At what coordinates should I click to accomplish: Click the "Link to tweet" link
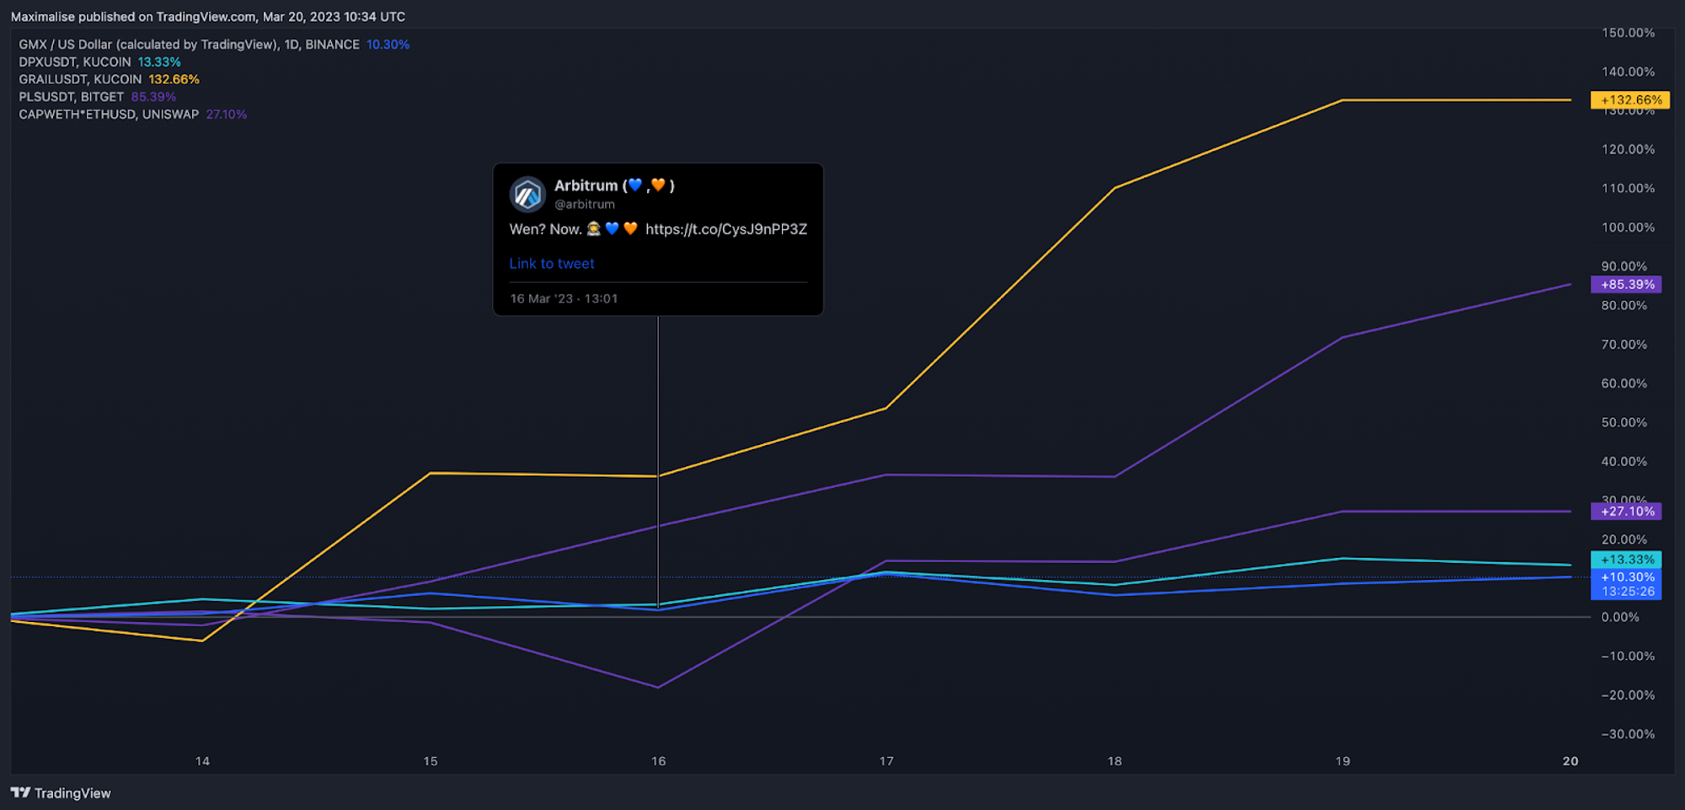point(552,264)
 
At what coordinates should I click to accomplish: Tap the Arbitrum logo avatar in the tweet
point(528,195)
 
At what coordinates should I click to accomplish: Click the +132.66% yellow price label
point(1630,99)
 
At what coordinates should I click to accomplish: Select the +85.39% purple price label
point(1626,285)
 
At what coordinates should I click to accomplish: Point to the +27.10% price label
point(1626,512)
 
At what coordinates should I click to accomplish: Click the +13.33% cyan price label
point(1626,560)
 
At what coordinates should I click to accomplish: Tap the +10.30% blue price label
point(1626,578)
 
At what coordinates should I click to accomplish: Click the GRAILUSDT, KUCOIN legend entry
point(81,79)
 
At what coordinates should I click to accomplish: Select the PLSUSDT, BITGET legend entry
point(72,97)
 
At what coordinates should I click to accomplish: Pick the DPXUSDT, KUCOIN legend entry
point(75,62)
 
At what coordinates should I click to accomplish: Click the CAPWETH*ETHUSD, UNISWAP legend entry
point(109,115)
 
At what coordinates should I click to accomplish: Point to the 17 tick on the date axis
point(886,761)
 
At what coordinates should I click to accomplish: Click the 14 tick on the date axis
point(202,761)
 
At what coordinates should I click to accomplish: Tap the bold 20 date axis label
point(1570,761)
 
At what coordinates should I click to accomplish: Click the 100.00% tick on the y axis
point(1628,228)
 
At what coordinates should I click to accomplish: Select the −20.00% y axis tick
point(1628,695)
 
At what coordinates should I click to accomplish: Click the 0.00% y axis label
point(1620,618)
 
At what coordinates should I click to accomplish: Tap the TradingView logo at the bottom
point(61,793)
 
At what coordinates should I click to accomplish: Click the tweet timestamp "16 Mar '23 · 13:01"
point(564,299)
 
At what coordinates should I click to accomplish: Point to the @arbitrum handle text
point(585,205)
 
